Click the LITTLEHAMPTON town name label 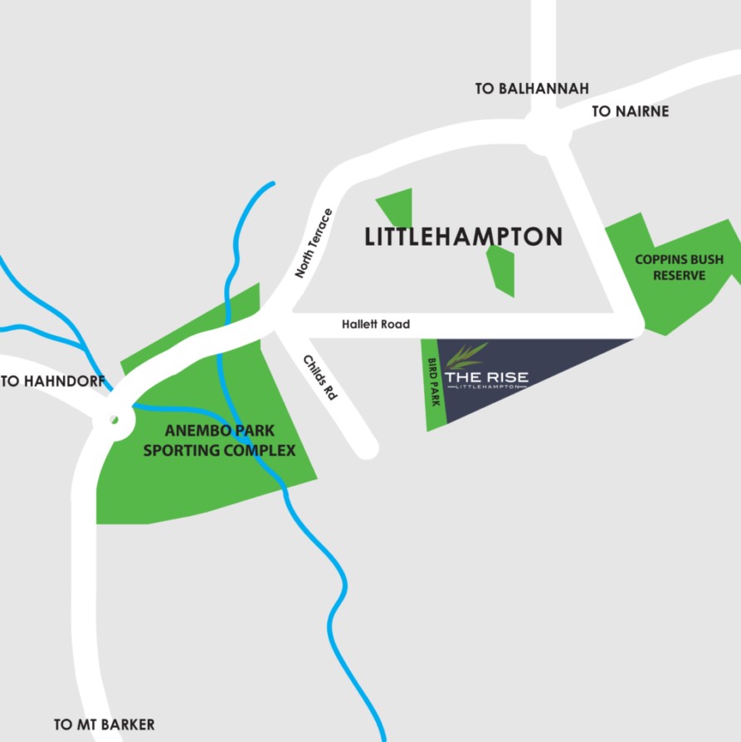point(464,237)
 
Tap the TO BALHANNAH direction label point(532,88)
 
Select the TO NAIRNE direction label point(630,111)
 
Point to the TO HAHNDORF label point(53,382)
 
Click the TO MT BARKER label point(105,725)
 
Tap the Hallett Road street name point(376,325)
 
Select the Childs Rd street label point(320,378)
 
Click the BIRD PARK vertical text point(432,382)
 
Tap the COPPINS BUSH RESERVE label point(679,267)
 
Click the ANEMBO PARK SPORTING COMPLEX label point(220,441)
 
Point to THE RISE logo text point(486,378)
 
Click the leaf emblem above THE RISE point(466,355)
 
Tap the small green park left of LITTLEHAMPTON point(397,207)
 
